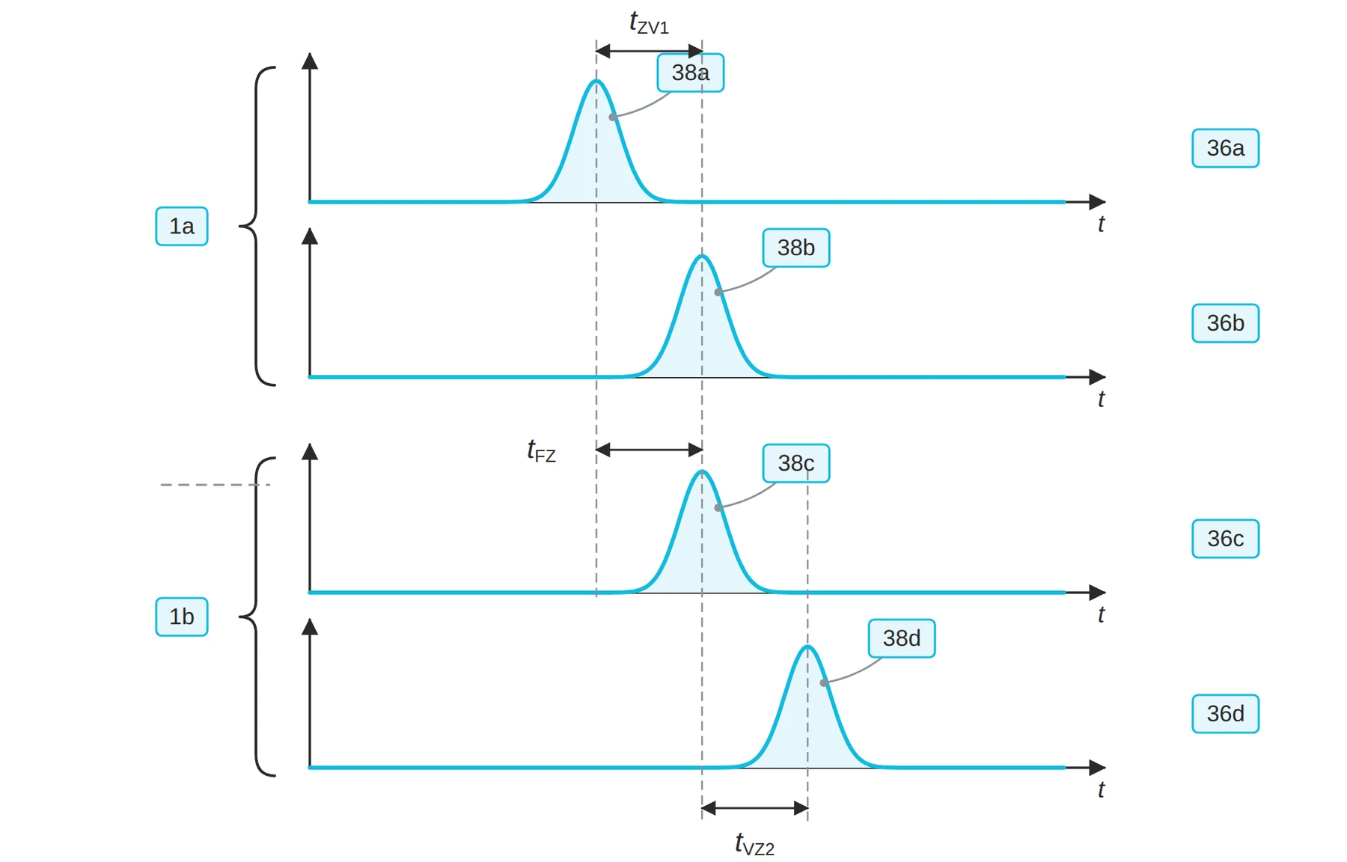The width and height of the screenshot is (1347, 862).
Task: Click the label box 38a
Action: tap(690, 73)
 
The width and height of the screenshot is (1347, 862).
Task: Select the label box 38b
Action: tap(795, 248)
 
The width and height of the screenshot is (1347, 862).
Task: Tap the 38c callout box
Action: tap(795, 463)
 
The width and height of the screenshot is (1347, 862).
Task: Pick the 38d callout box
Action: tap(901, 638)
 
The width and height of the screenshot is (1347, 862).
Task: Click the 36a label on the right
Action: tap(1225, 148)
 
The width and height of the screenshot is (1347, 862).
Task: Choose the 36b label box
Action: tap(1225, 323)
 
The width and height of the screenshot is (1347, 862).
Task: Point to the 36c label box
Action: tap(1225, 539)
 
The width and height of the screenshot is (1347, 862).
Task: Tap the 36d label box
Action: tap(1225, 714)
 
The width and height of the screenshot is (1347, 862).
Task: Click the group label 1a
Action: tap(181, 226)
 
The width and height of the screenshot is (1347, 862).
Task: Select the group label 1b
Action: tap(181, 617)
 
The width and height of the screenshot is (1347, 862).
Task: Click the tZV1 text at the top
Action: tap(649, 23)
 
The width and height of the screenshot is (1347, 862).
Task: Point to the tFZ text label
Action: tap(541, 450)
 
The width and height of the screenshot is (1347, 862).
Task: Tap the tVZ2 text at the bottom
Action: tap(754, 844)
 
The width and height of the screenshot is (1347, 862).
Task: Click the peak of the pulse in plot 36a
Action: tap(596, 81)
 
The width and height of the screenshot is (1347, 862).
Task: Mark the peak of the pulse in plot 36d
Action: tap(807, 646)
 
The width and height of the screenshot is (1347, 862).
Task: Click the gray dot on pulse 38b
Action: tap(718, 292)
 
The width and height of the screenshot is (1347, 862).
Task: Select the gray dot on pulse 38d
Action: tap(824, 682)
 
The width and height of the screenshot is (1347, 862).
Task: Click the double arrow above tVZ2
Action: tap(754, 808)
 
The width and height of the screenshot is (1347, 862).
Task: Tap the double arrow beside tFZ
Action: tap(649, 450)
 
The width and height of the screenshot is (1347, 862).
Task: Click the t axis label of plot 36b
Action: tap(1101, 399)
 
